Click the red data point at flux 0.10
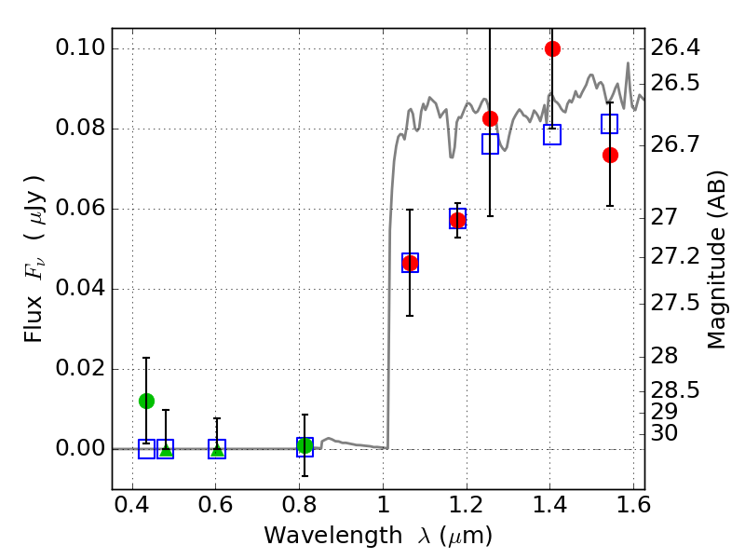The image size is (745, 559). pos(552,48)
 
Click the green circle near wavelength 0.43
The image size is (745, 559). pos(146,401)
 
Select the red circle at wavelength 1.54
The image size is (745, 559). pos(610,155)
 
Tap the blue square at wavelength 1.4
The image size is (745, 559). pos(552,134)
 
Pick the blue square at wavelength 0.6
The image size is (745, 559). pos(217,449)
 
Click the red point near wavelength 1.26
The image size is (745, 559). pos(490,118)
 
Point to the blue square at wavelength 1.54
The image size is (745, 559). pos(610,124)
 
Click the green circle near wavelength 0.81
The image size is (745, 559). pos(305,445)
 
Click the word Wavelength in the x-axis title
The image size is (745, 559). pos(318,536)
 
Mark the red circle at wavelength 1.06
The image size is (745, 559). pos(410,263)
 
